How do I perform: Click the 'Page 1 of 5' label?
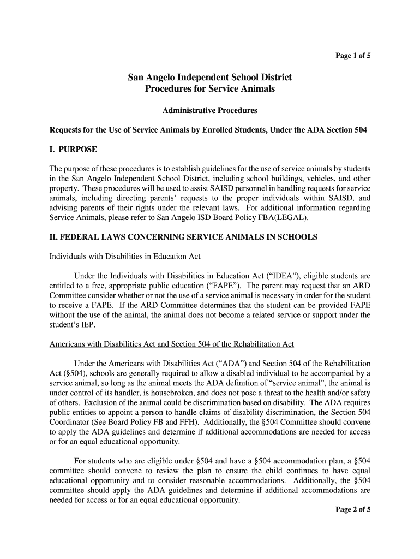click(353, 55)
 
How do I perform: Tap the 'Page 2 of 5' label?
click(352, 511)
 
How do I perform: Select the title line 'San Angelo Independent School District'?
click(210, 78)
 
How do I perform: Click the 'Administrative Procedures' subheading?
click(210, 111)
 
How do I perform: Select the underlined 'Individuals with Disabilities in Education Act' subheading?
click(125, 257)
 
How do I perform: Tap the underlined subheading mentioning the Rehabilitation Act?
click(172, 344)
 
